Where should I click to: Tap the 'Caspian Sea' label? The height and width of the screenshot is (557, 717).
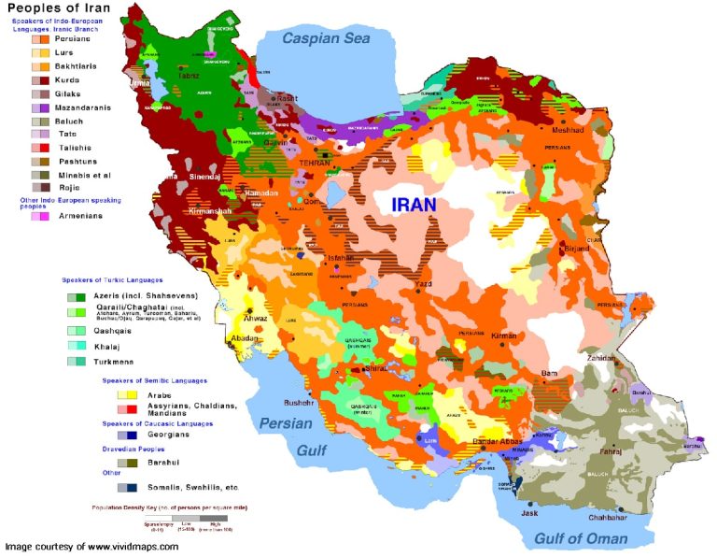tap(327, 38)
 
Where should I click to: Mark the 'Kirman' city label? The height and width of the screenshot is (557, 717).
tap(504, 335)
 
